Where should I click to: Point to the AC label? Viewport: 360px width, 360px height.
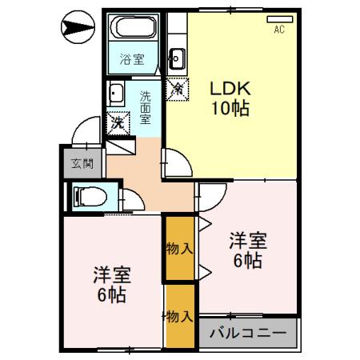pos(280,30)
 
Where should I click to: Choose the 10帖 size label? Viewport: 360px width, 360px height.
pos(230,108)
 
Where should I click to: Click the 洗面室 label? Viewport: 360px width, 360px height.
pos(145,108)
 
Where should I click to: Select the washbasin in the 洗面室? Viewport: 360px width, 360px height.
pos(115,93)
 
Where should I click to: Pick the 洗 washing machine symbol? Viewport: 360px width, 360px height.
pos(117,123)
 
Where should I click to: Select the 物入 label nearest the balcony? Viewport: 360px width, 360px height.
pos(179,317)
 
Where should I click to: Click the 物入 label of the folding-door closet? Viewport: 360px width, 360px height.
pos(179,248)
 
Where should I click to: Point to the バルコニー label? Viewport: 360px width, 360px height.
pos(249,331)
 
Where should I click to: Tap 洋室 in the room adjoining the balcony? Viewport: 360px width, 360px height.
pos(249,239)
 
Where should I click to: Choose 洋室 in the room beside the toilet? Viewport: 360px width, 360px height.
pos(112,274)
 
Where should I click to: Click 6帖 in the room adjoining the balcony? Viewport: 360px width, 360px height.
pos(249,260)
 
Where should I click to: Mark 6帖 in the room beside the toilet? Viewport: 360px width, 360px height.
pos(112,296)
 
